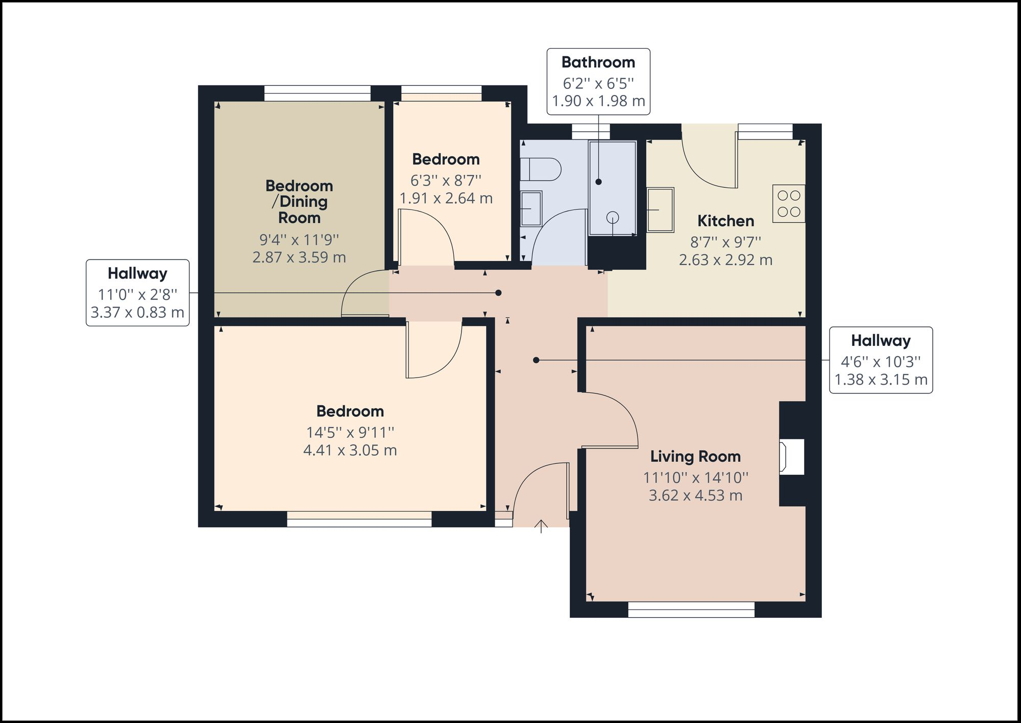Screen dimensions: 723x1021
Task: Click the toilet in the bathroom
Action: click(x=541, y=169)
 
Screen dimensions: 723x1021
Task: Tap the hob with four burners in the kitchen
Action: click(x=789, y=203)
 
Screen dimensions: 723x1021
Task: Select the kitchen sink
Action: click(x=660, y=210)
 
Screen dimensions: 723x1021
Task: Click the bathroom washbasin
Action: click(x=531, y=208)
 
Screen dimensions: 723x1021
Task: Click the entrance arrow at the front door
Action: click(x=541, y=527)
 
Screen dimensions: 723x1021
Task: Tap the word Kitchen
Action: click(x=725, y=221)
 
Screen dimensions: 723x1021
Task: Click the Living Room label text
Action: click(x=695, y=456)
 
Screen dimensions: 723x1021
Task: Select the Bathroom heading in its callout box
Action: click(x=598, y=62)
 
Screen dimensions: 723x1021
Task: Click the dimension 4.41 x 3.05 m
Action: click(x=350, y=450)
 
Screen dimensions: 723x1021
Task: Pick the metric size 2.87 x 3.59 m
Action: click(x=299, y=257)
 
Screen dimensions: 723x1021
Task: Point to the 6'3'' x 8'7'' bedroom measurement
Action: click(x=446, y=180)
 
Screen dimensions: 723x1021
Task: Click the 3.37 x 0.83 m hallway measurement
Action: click(x=137, y=312)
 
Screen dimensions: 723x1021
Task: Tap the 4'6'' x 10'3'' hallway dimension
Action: click(x=880, y=362)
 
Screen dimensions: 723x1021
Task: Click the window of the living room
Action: click(x=691, y=609)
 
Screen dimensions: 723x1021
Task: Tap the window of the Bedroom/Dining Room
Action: click(x=317, y=94)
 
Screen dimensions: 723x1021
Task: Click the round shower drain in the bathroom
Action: click(x=613, y=218)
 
